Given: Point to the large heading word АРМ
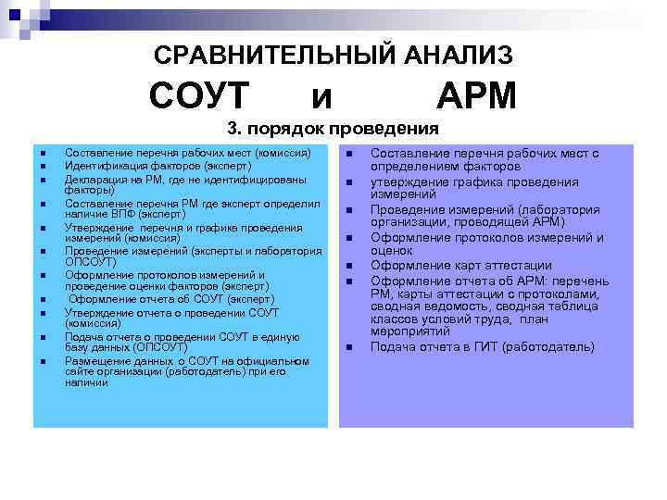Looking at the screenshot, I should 476,95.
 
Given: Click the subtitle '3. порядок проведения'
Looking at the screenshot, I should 333,129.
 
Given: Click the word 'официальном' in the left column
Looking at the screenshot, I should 269,360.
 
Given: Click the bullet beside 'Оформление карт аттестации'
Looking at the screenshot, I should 350,266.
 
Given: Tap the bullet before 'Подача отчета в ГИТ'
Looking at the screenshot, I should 350,348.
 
